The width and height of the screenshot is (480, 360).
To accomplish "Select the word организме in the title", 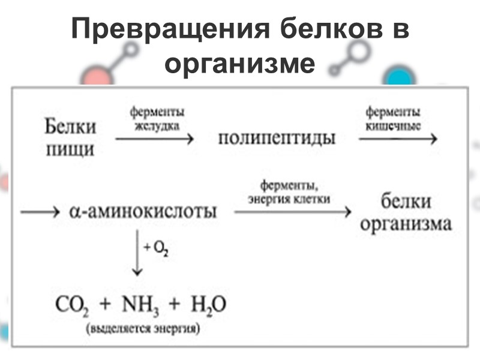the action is tap(239, 63).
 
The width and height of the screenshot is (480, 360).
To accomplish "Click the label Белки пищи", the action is tap(70, 137).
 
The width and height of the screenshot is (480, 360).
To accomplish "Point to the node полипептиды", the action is tap(277, 139).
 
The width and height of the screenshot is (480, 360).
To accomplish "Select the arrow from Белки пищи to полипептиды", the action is tap(155, 139).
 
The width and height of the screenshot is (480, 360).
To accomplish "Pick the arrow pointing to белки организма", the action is tap(290, 211).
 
